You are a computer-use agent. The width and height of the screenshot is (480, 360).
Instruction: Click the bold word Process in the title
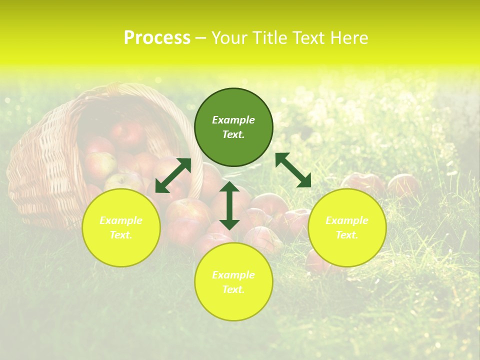click(x=157, y=38)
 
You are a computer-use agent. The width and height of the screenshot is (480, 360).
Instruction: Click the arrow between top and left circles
click(x=173, y=175)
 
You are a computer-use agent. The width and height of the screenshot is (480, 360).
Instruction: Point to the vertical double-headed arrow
click(x=229, y=205)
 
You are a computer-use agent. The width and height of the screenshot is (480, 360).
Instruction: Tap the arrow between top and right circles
click(x=293, y=170)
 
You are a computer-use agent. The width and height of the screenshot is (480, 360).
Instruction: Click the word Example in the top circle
click(x=233, y=120)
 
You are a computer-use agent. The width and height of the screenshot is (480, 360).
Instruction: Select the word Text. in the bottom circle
click(x=233, y=289)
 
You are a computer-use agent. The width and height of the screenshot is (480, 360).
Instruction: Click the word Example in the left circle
click(x=121, y=220)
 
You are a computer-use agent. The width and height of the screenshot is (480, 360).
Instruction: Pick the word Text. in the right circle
click(x=347, y=235)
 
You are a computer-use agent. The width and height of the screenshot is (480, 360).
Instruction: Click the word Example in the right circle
click(x=347, y=220)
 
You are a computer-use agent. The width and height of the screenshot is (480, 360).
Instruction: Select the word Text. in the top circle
click(x=233, y=135)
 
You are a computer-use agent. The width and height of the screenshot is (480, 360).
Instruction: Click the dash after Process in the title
click(x=201, y=38)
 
